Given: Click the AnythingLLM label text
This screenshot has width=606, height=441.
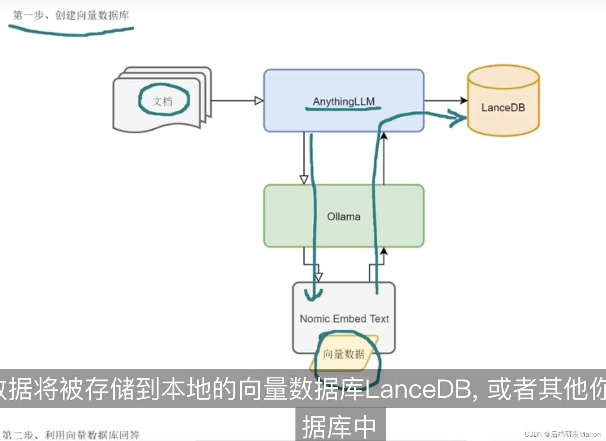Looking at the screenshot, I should tap(344, 102).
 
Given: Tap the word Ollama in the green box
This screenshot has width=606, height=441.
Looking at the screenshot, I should tap(344, 217).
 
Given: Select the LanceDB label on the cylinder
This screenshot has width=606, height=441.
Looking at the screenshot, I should tap(503, 108).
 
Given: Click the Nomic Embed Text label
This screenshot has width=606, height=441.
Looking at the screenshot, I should tap(344, 319).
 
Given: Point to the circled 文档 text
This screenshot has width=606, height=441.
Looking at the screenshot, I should tap(162, 101).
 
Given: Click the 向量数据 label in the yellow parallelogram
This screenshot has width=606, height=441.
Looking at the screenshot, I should tap(343, 354).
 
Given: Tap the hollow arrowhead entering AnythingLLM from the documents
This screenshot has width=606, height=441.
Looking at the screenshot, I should tap(259, 101).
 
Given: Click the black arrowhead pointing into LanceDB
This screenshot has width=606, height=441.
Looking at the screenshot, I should tap(464, 101).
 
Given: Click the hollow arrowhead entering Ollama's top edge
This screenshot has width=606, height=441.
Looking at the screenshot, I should tap(304, 179).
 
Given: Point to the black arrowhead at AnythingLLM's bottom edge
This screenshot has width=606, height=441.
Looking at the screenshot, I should tap(384, 136).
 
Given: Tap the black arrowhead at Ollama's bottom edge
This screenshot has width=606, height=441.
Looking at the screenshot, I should tap(384, 251).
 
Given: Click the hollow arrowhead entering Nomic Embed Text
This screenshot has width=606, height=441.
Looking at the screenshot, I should tap(318, 277).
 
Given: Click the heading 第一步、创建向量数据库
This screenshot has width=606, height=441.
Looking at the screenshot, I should tap(71, 15).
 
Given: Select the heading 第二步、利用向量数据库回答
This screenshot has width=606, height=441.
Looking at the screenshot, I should tap(71, 435).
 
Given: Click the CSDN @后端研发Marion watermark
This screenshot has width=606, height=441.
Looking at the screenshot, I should tap(562, 435).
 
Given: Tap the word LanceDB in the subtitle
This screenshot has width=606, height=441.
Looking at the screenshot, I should tap(418, 389).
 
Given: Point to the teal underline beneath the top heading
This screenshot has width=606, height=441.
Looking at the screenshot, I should tap(71, 32).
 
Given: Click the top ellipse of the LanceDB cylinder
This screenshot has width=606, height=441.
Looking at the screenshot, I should tap(503, 77).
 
